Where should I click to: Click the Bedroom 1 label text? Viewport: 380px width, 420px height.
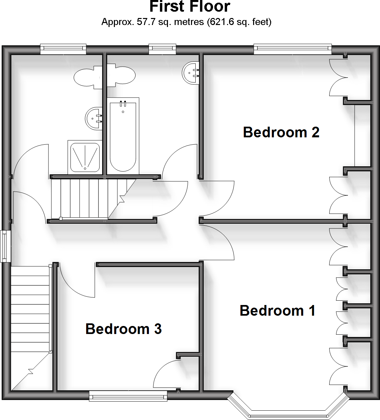tap(277, 311)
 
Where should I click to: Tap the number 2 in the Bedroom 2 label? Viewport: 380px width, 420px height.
tap(315, 132)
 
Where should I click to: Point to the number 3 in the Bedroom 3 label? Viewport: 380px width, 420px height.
tap(158, 329)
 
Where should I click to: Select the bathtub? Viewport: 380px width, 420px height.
tap(123, 137)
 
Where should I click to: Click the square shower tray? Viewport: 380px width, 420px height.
tap(85, 157)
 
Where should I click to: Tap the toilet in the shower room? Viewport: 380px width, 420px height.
tap(87, 77)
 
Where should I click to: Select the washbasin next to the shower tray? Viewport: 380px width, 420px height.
tap(93, 118)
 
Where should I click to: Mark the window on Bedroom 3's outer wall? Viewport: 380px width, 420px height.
tap(128, 396)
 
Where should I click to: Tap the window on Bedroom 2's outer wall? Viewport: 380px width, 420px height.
tap(293, 49)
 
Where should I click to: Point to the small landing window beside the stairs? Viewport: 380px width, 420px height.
tap(5, 246)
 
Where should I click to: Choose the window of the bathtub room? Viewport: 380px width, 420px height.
tap(162, 49)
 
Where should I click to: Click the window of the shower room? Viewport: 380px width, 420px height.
tap(63, 49)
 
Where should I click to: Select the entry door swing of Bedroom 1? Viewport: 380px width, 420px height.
tap(217, 242)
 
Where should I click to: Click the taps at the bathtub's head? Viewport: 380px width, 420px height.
tap(123, 104)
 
